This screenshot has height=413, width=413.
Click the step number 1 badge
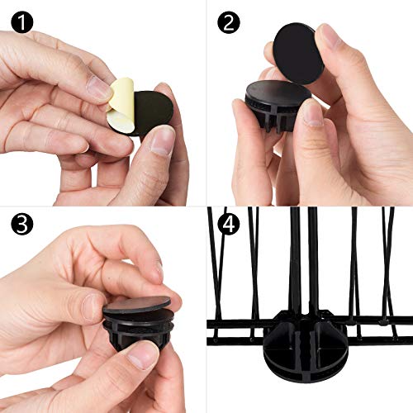[x=22, y=22]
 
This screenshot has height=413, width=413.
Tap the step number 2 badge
[x=229, y=22]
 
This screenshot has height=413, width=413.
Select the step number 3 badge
[x=22, y=225]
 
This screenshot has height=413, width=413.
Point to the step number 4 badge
[x=229, y=225]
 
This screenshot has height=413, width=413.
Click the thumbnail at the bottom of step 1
[x=162, y=141]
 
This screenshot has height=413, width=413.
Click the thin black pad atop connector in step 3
[x=137, y=303]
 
